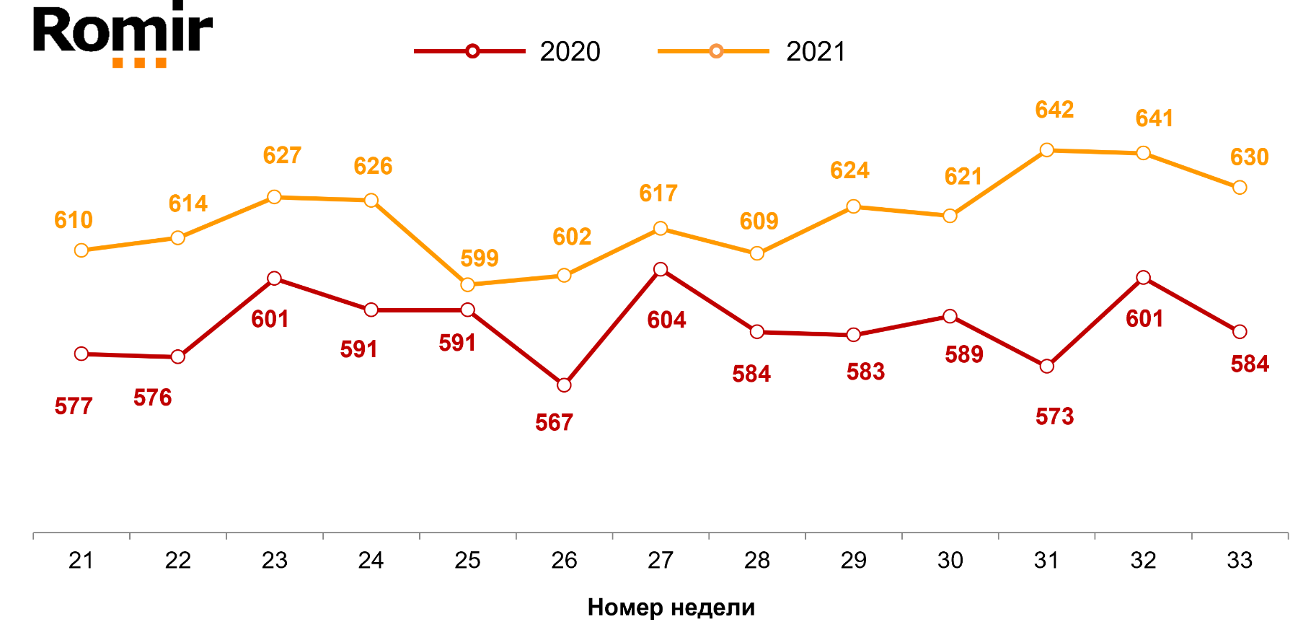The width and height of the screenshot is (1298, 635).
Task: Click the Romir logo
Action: (123, 34)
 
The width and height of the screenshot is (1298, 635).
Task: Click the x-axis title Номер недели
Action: (671, 607)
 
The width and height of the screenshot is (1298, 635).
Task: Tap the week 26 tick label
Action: (564, 560)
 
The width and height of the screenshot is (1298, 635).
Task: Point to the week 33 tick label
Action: (1240, 560)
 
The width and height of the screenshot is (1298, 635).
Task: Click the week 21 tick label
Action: (81, 560)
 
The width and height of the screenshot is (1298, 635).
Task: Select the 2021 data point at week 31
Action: (1046, 150)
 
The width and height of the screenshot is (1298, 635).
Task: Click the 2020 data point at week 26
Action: (564, 385)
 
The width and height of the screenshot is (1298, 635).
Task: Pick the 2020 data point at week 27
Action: (661, 269)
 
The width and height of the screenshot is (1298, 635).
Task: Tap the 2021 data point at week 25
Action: (467, 284)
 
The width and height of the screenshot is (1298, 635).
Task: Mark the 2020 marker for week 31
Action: (1046, 366)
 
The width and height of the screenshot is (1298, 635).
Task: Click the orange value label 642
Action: (1054, 110)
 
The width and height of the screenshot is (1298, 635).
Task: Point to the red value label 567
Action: (554, 422)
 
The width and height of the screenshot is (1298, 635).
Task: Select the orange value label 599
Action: (480, 258)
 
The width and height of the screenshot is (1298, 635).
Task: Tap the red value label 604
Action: (666, 320)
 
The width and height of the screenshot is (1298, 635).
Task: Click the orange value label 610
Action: (74, 219)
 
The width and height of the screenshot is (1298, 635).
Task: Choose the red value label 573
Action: (1054, 416)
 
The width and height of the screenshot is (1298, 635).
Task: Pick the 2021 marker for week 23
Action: (274, 197)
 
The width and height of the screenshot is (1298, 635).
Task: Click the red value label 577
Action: (74, 406)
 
